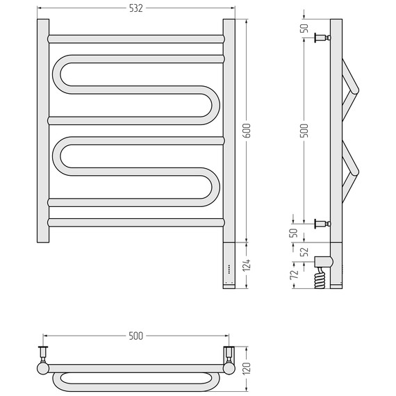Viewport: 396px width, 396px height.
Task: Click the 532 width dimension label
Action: click(136, 8)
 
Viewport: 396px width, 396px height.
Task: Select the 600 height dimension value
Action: click(247, 131)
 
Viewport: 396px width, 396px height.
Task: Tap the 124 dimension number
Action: click(247, 265)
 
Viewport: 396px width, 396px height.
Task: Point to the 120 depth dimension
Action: click(247, 368)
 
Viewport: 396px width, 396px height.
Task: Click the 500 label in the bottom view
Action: click(136, 336)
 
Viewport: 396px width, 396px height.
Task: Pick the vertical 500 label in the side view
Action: click(304, 131)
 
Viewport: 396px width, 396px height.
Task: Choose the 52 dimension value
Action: click(305, 251)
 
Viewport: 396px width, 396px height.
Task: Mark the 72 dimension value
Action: click(295, 274)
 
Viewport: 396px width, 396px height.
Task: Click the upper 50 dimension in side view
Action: click(304, 28)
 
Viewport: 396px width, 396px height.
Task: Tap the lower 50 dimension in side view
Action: click(294, 233)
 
